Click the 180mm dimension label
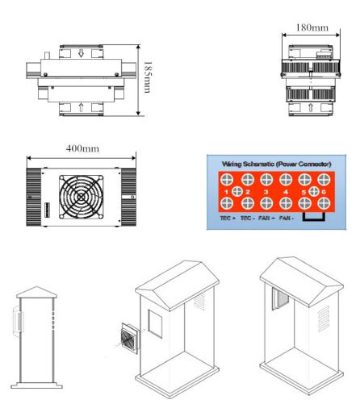click(x=312, y=27)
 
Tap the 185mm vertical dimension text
click(x=148, y=77)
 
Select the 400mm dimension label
click(x=82, y=148)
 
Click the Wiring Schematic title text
click(x=276, y=164)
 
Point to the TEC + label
click(x=228, y=218)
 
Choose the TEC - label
click(x=248, y=218)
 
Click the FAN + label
click(x=266, y=218)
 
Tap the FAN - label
click(x=287, y=218)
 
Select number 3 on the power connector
click(x=266, y=192)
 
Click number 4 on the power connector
click(x=286, y=192)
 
